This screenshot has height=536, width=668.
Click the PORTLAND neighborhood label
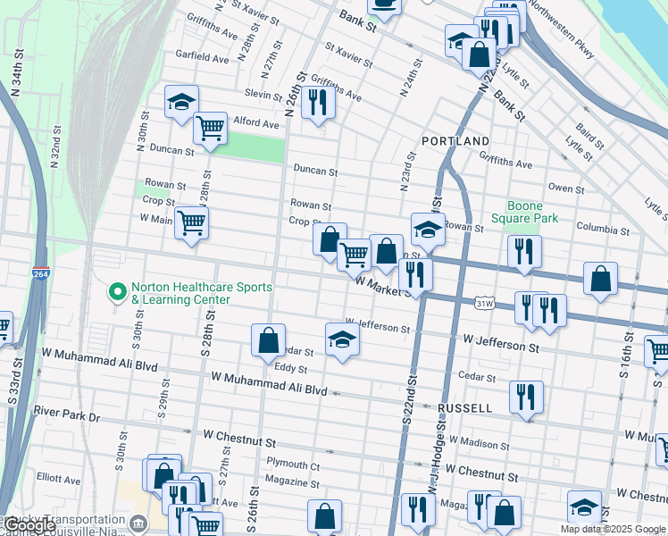[x=455, y=141]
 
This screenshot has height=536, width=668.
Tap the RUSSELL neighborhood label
[x=464, y=408]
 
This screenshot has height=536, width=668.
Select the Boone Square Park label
[x=532, y=211]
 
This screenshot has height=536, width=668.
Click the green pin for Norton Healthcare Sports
[x=116, y=292]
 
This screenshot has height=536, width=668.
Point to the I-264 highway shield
[x=40, y=272]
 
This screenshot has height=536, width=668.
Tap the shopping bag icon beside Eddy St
[x=268, y=339]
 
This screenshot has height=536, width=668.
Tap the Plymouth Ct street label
[x=293, y=465]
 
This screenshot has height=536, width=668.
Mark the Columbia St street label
[x=603, y=228]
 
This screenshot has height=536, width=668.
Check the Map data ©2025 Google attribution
[x=613, y=529]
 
